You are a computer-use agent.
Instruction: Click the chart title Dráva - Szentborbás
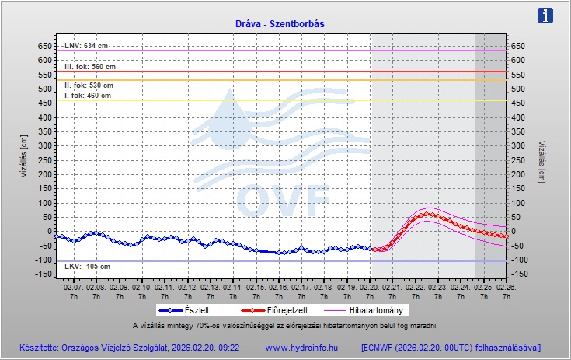click(280, 23)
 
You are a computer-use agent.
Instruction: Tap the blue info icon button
click(546, 16)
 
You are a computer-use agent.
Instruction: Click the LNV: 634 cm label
click(85, 46)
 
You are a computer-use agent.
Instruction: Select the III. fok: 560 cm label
click(89, 67)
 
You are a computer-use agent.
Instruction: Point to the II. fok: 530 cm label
click(89, 86)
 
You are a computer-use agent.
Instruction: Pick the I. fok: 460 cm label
click(88, 96)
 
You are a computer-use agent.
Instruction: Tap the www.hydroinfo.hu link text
click(301, 348)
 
